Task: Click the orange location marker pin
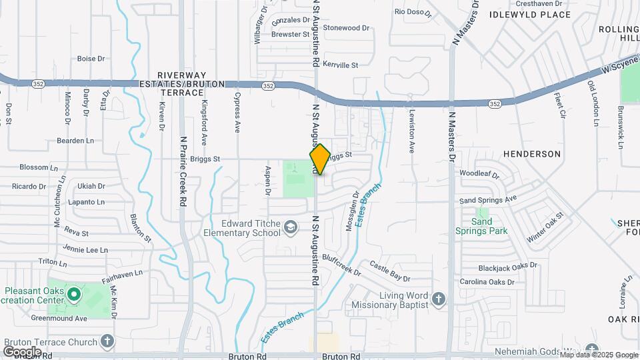tap(320, 159)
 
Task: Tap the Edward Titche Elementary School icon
tap(290, 228)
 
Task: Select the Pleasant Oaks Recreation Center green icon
tap(75, 293)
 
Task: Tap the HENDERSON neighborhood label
tap(532, 154)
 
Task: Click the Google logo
tap(22, 351)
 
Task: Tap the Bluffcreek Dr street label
tap(341, 264)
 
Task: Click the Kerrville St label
tap(341, 65)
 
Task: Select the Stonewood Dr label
tap(346, 28)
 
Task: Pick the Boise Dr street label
tap(91, 59)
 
